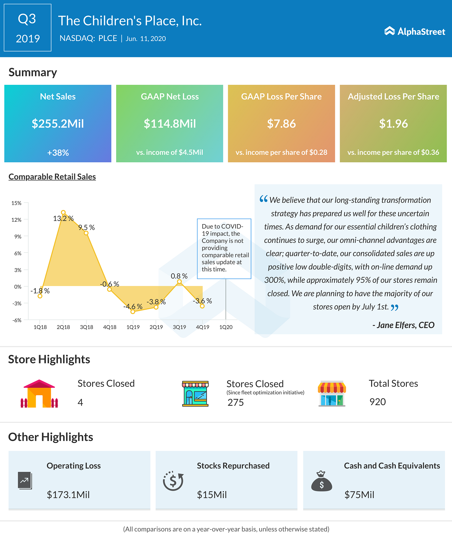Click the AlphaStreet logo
(x=415, y=31)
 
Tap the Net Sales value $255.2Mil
(x=58, y=124)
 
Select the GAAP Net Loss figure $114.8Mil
(x=169, y=124)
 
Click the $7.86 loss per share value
(x=281, y=124)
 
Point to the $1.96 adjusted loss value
(x=393, y=124)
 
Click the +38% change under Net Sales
(x=58, y=153)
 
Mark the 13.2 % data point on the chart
(x=63, y=212)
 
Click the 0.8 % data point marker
(x=179, y=282)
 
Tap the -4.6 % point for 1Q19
(x=133, y=312)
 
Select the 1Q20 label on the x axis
(x=226, y=327)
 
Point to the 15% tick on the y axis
(x=17, y=203)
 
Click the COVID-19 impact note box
(x=224, y=248)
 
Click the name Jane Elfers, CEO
(x=404, y=325)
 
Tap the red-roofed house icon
(x=39, y=394)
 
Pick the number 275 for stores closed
(x=236, y=403)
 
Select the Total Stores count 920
(x=377, y=402)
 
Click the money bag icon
(x=321, y=481)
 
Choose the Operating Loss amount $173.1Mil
(x=68, y=495)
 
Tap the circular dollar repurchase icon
(x=173, y=481)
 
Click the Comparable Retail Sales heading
(x=52, y=177)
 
